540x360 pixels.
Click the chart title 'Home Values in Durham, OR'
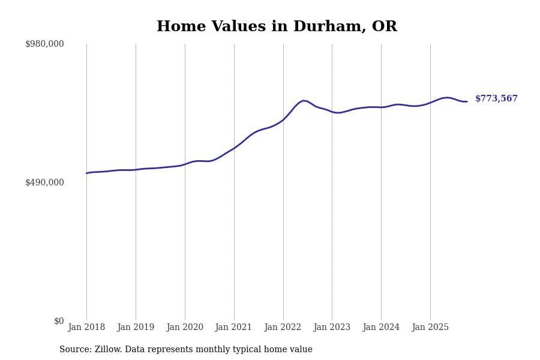tap(277, 27)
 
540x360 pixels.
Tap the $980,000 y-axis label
tap(44, 44)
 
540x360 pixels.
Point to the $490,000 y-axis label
tap(44, 182)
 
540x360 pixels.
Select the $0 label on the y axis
tap(59, 321)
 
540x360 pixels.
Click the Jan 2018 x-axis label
tap(86, 328)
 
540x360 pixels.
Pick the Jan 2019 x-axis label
tap(136, 328)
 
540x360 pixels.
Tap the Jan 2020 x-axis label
tap(185, 328)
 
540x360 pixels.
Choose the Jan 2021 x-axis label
tap(234, 328)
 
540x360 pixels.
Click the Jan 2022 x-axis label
tap(283, 328)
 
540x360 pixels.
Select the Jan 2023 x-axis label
tap(332, 328)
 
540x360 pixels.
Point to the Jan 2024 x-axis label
tap(381, 328)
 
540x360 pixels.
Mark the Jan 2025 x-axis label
tap(430, 328)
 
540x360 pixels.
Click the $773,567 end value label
tap(496, 99)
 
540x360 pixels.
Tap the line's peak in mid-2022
tap(304, 100)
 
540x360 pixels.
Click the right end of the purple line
tap(467, 101)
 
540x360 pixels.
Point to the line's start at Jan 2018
tap(86, 173)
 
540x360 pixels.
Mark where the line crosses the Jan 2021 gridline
tap(234, 148)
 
